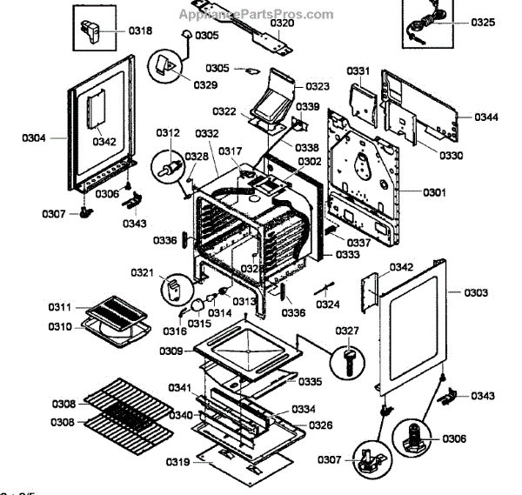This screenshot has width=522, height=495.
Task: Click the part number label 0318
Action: pyautogui.click(x=140, y=31)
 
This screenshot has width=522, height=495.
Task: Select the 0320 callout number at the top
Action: pyautogui.click(x=282, y=23)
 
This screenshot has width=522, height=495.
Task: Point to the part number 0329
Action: pyautogui.click(x=206, y=84)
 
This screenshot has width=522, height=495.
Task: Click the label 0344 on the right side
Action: pyautogui.click(x=487, y=117)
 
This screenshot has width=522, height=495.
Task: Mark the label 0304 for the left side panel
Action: pyautogui.click(x=35, y=137)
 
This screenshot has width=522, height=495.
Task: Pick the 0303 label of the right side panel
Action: pyautogui.click(x=475, y=292)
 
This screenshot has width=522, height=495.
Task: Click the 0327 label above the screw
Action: pyautogui.click(x=347, y=331)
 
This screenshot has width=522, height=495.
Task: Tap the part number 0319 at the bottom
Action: pyautogui.click(x=178, y=461)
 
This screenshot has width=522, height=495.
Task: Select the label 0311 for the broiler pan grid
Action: pyautogui.click(x=60, y=307)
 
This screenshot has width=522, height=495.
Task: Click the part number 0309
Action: pyautogui.click(x=171, y=351)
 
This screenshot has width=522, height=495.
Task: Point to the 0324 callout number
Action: pyautogui.click(x=328, y=304)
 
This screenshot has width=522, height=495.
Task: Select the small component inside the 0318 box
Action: pyautogui.click(x=91, y=33)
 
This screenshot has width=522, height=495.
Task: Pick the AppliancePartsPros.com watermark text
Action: pyautogui.click(x=255, y=14)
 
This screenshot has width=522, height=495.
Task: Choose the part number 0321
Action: pyautogui.click(x=143, y=272)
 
